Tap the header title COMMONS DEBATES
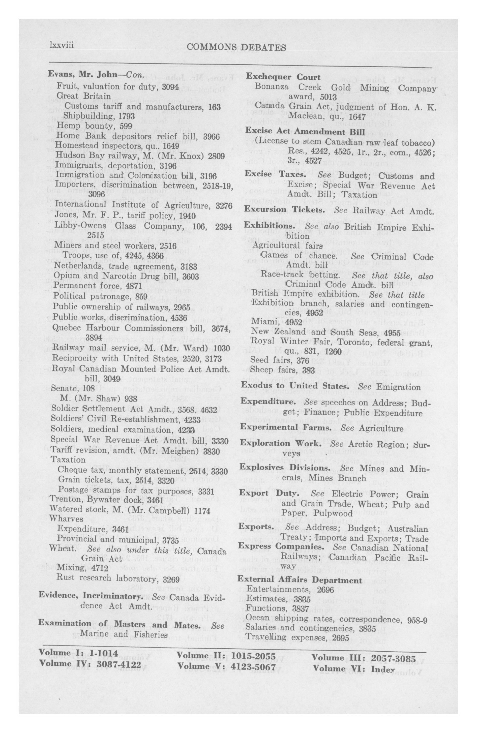click(236, 47)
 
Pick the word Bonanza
click(272, 87)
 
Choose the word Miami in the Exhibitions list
click(262, 322)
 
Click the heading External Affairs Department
click(300, 580)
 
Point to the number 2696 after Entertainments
click(325, 590)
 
